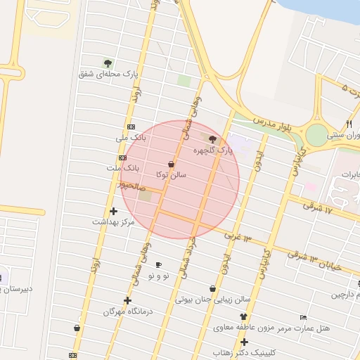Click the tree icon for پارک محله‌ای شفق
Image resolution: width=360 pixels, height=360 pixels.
click(x=108, y=63)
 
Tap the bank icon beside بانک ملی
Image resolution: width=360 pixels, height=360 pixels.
click(x=131, y=127)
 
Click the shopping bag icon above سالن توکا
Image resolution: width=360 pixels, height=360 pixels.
click(x=172, y=164)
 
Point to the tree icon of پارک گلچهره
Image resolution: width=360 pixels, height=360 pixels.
click(x=213, y=139)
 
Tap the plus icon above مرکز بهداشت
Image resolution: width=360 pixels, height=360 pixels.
click(x=113, y=211)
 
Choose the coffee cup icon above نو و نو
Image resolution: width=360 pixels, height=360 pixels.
click(x=158, y=265)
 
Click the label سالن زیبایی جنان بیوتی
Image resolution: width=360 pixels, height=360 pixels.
click(x=213, y=300)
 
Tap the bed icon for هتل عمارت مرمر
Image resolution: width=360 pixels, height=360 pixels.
click(x=303, y=317)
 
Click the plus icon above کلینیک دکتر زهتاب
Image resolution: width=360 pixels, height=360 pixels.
click(x=244, y=342)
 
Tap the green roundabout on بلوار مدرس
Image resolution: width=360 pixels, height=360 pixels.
click(x=318, y=134)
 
